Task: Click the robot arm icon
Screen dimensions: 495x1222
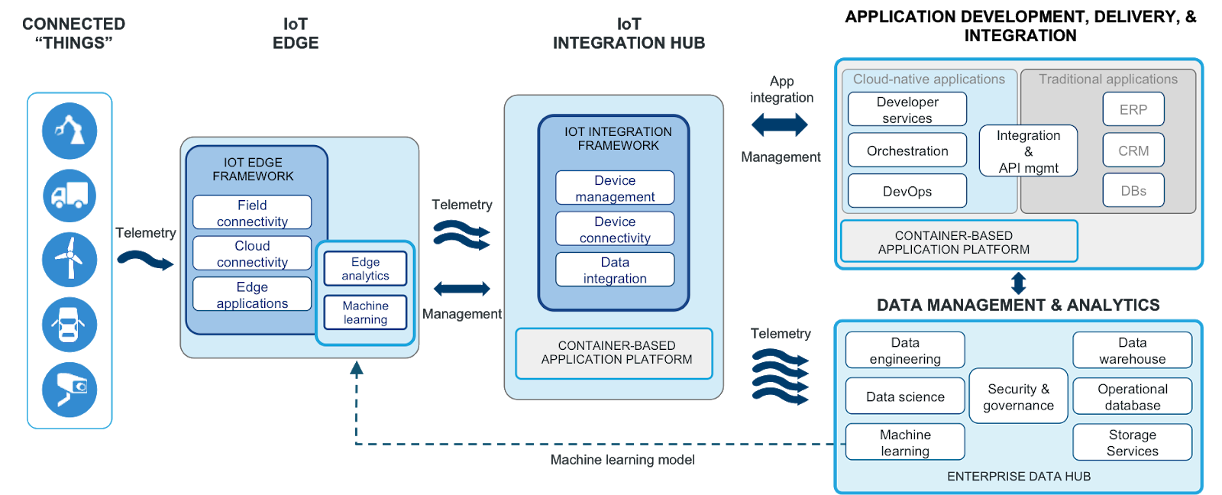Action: click(70, 131)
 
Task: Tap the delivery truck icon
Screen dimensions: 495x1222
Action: click(70, 196)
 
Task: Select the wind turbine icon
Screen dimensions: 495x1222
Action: click(70, 260)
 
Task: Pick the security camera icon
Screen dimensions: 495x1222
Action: click(70, 389)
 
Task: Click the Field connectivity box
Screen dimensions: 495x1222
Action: click(252, 212)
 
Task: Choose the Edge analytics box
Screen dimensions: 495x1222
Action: click(365, 269)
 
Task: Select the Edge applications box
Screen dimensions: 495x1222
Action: click(252, 294)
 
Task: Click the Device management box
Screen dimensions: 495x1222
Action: click(615, 188)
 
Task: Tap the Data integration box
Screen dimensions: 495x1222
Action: click(615, 270)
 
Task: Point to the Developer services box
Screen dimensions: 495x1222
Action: click(907, 109)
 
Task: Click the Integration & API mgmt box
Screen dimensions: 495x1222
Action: click(1028, 151)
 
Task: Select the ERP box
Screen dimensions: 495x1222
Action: click(1133, 109)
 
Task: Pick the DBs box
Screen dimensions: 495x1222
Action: click(1133, 190)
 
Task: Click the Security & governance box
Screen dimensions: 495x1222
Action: click(1018, 396)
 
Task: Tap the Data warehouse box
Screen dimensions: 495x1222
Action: click(1132, 350)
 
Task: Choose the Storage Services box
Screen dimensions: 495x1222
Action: click(1132, 442)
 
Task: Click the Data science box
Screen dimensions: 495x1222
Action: click(905, 396)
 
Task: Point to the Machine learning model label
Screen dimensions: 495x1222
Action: click(622, 460)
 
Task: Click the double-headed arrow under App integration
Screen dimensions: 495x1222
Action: click(780, 125)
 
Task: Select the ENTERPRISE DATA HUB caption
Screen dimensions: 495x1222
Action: click(1018, 477)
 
